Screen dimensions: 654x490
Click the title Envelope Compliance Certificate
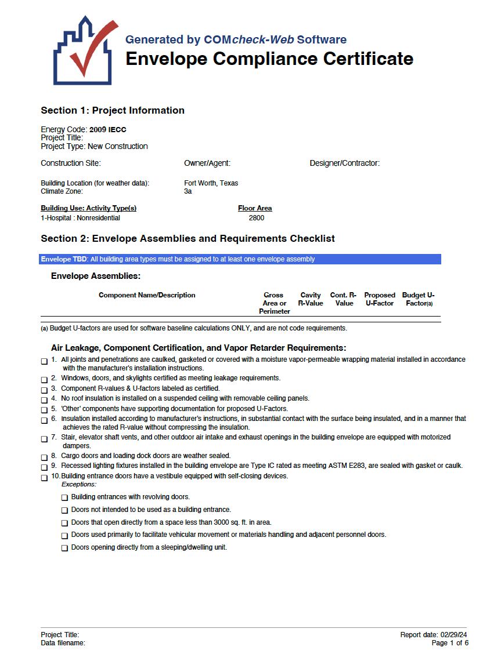pos(269,59)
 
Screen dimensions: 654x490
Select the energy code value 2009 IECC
pos(108,130)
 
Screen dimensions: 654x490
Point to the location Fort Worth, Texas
pos(211,183)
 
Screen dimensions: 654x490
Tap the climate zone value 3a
pos(188,191)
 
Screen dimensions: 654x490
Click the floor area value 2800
pos(256,218)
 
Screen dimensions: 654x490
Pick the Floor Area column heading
pos(255,208)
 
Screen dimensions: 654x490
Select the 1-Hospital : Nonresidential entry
pos(80,218)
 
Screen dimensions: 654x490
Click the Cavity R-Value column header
pos(310,299)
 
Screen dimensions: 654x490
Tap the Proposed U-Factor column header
pos(380,299)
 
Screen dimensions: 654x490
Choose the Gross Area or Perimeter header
pos(274,303)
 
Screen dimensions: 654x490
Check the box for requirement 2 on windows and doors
pos(45,380)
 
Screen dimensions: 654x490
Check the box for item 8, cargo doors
pos(45,457)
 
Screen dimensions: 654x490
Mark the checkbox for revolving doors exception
pos(65,497)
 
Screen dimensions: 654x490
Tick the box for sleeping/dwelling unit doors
pos(65,548)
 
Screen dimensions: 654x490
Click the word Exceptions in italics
pos(79,484)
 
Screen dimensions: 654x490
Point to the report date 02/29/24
pos(453,635)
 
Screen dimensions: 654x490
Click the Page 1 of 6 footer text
pos(450,643)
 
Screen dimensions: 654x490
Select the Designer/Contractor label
pos(344,163)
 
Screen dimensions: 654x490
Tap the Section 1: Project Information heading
pos(113,110)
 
